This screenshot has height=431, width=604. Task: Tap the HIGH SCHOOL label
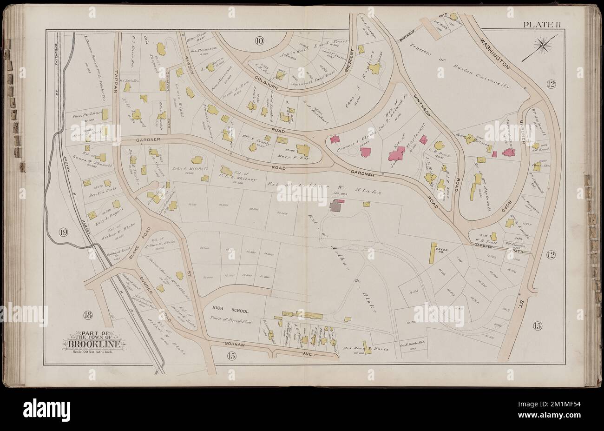point(221,311)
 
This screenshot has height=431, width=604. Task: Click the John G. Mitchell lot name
point(185,169)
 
